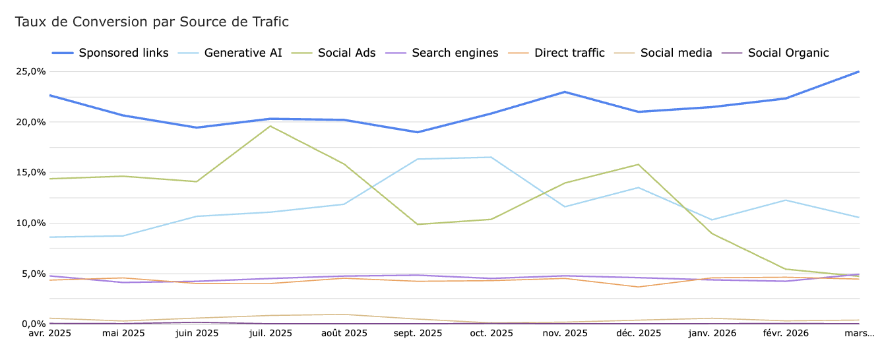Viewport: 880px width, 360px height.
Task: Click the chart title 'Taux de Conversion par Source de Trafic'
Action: pos(152,22)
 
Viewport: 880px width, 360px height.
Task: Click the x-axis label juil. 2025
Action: pos(270,334)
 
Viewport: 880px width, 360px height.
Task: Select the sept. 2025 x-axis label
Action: pos(417,334)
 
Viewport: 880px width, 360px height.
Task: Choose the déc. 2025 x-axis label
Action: pos(639,334)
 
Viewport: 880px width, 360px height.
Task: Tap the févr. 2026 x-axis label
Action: pos(786,334)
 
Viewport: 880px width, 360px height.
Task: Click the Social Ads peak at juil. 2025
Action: pos(270,126)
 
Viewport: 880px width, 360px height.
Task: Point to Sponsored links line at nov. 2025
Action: pos(565,92)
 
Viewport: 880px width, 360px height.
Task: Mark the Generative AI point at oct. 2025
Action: pos(491,157)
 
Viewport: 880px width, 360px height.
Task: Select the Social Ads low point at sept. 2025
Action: pos(417,224)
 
